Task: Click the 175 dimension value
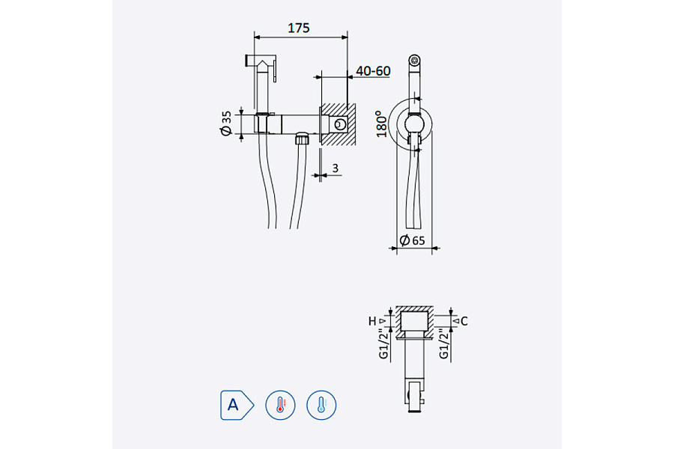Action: (299, 28)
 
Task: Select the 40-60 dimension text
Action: (373, 71)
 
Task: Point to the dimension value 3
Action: (336, 168)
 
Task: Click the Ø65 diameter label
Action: (413, 239)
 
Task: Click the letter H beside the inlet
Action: (372, 321)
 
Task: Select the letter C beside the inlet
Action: (464, 321)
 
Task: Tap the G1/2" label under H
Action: (382, 344)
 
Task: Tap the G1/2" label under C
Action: (443, 344)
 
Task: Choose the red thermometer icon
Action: (280, 406)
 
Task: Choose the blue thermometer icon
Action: (321, 406)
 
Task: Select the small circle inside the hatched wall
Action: (341, 124)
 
